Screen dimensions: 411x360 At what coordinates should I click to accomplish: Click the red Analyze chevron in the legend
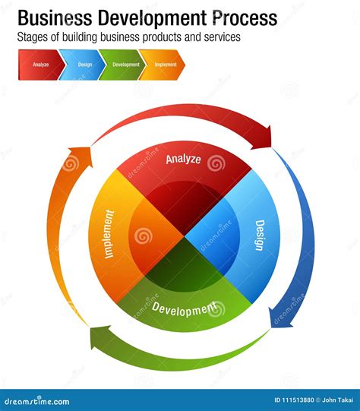pyautogui.click(x=41, y=65)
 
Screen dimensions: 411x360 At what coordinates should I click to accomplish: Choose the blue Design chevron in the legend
pyautogui.click(x=84, y=65)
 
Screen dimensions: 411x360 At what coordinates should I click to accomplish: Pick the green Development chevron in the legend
pyautogui.click(x=125, y=65)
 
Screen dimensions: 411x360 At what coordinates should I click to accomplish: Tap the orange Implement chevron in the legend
pyautogui.click(x=165, y=65)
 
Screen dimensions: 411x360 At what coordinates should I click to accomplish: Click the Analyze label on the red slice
pyautogui.click(x=184, y=160)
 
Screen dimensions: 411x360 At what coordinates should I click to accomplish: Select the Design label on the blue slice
pyautogui.click(x=260, y=236)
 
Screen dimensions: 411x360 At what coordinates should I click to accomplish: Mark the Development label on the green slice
pyautogui.click(x=183, y=309)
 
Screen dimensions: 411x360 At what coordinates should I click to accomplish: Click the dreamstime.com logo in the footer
pyautogui.click(x=38, y=401)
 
